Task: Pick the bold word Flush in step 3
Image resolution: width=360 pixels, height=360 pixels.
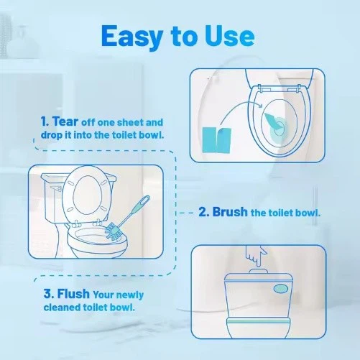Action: [x=57, y=293]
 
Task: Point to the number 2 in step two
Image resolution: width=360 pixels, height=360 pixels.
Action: [x=203, y=212]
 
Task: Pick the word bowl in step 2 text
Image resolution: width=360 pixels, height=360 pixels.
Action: [x=307, y=213]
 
